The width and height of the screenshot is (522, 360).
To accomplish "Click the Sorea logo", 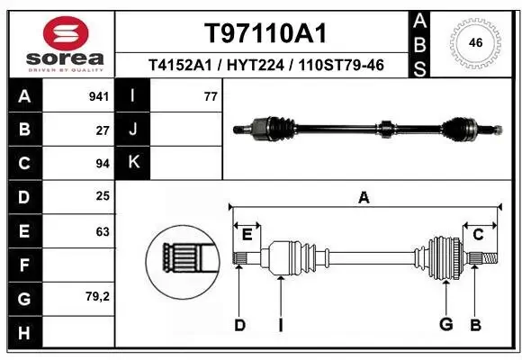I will tap(58, 42).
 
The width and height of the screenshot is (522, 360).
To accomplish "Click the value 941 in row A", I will tap(100, 95).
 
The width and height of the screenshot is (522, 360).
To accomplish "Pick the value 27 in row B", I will tap(103, 130).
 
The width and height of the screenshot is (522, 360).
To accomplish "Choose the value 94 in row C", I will tap(103, 164).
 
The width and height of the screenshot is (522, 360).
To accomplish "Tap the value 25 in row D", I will tap(103, 197).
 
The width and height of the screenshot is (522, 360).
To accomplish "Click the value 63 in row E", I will tap(103, 231).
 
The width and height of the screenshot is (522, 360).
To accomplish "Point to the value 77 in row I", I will tap(211, 95).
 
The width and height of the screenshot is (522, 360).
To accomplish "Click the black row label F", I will tap(23, 265).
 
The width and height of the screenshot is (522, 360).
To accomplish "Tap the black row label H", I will tap(23, 333).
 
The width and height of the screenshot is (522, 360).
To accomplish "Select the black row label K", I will tap(133, 163).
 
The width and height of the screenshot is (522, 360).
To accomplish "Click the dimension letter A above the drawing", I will tap(364, 197).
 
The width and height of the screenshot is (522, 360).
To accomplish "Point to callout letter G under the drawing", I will tap(445, 325).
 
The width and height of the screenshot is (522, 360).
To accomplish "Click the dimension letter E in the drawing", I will tap(247, 236).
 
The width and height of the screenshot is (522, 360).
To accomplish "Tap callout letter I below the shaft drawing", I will tap(281, 325).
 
